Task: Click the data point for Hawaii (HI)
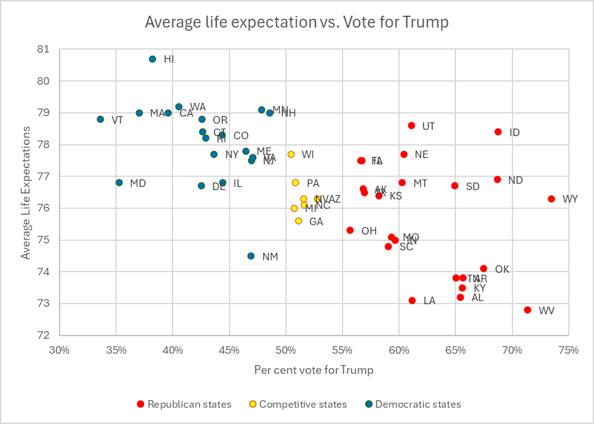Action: tap(152, 59)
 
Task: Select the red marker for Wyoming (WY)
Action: tap(551, 199)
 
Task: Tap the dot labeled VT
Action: tap(100, 119)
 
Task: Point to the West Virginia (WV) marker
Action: tap(528, 310)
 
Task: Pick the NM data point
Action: tap(251, 256)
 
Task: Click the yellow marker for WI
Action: tap(291, 154)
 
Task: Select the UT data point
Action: tap(411, 125)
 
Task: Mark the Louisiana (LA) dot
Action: tap(412, 300)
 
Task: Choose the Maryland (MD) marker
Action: tap(119, 183)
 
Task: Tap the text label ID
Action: tap(514, 132)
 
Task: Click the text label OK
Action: tap(502, 269)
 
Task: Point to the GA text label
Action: tap(316, 221)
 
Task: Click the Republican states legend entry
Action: tap(183, 405)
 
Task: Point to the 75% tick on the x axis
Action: tap(569, 350)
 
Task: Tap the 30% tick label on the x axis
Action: tap(60, 350)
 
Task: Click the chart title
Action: tap(297, 22)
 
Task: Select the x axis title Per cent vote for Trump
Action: tap(314, 370)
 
